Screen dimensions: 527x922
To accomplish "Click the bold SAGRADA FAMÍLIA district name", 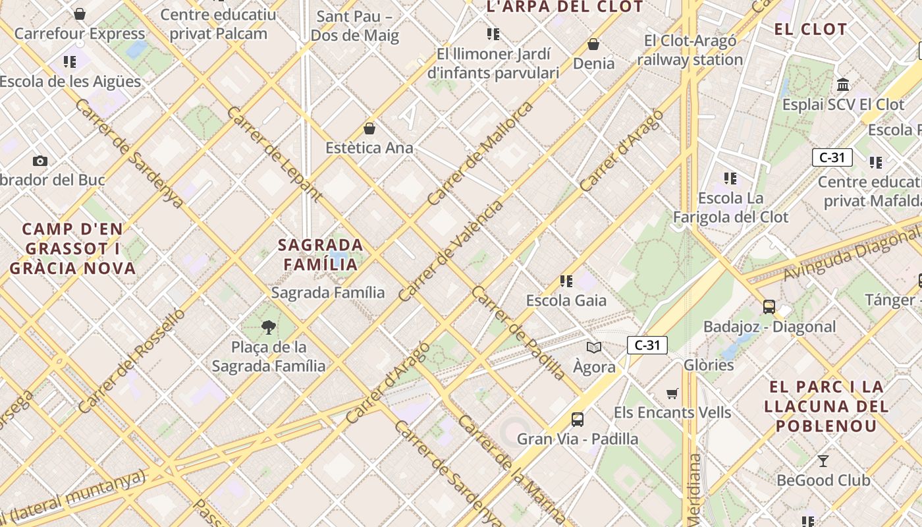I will click(320, 254).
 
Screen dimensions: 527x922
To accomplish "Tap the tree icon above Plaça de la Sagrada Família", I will click(268, 327).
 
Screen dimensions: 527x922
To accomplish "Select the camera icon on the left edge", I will click(40, 161).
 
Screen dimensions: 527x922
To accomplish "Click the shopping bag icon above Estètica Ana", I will click(369, 128).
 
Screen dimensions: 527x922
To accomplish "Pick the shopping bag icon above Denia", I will click(593, 44).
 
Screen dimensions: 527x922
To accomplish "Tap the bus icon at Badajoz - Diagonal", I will click(769, 306).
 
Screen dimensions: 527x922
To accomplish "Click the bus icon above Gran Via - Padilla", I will click(578, 419).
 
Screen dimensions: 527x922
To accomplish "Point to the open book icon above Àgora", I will click(594, 347).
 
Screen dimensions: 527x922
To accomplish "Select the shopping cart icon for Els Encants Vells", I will click(672, 393).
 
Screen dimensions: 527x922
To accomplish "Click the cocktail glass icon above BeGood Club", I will click(823, 460).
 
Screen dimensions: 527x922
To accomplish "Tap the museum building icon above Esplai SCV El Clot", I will click(843, 84).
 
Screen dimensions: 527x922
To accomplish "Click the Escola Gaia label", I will click(566, 300).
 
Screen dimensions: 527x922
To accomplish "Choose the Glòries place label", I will click(709, 365).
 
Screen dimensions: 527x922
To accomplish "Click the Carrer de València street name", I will click(451, 250).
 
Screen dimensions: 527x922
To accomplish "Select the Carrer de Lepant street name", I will click(274, 153).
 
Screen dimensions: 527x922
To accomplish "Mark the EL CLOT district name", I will click(810, 30).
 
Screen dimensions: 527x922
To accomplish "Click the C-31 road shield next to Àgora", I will click(647, 345).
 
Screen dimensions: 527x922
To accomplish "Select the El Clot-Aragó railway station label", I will click(690, 50).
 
